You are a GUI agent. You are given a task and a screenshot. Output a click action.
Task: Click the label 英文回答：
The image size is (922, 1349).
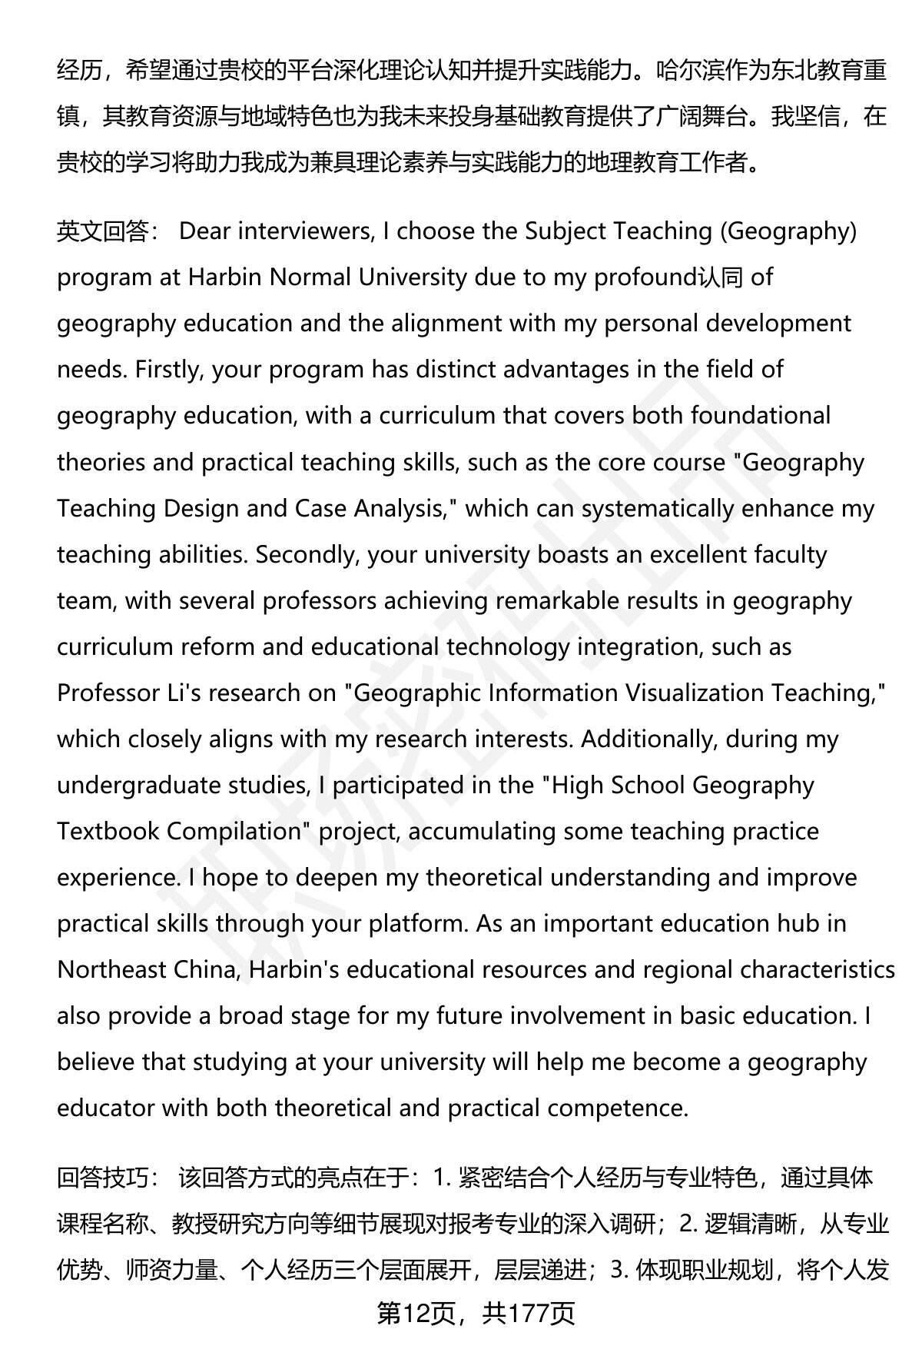click(x=107, y=231)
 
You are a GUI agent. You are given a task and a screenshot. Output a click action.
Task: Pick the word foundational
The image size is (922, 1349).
click(x=760, y=415)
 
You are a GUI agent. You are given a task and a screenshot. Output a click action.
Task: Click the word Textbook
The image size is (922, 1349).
click(x=108, y=831)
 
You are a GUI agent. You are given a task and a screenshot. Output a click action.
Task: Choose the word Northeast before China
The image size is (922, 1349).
click(x=112, y=969)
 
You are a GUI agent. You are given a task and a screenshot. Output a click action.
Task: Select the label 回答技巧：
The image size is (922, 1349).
click(x=107, y=1178)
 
